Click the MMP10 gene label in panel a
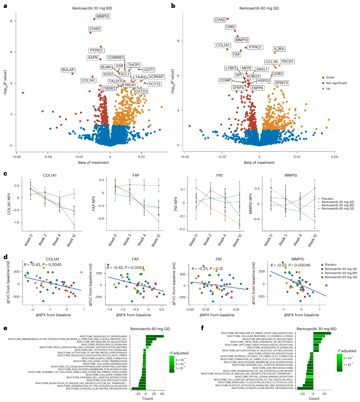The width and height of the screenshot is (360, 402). (103, 17)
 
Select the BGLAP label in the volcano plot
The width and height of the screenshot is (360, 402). (68, 70)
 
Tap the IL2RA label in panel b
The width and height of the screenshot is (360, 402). (279, 49)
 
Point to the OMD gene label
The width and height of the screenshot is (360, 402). (231, 27)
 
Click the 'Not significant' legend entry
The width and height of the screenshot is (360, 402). (336, 83)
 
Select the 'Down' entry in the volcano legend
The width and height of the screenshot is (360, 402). (330, 77)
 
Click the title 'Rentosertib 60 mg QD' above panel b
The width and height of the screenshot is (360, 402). (259, 8)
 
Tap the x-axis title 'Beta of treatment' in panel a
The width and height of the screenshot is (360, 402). (93, 162)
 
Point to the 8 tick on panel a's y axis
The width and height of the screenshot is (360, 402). (11, 21)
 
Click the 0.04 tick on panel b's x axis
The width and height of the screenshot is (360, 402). (334, 157)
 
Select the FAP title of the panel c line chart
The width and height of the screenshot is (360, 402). (136, 175)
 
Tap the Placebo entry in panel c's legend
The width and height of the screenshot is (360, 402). (327, 199)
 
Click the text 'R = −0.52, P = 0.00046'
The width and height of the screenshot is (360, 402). (290, 265)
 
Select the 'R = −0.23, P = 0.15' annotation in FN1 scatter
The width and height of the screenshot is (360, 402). (207, 269)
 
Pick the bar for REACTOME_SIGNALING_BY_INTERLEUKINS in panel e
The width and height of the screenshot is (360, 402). (155, 336)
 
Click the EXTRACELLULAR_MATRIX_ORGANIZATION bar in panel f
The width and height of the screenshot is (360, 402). (305, 388)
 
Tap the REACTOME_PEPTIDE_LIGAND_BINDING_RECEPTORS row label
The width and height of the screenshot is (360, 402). (264, 377)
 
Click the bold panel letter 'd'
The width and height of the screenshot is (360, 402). (5, 257)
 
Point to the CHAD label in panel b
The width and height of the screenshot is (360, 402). (220, 20)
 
